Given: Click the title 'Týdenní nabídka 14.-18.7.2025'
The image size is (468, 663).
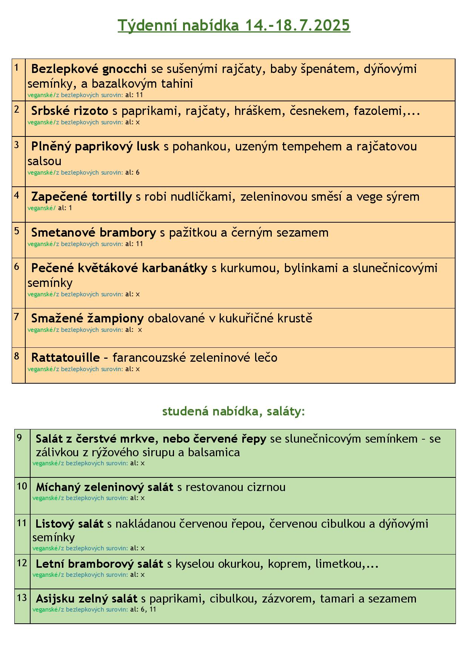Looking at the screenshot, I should click(234, 26).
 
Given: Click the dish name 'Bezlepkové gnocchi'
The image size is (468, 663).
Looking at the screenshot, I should click(89, 69).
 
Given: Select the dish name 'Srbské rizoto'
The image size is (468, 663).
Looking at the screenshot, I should click(69, 111).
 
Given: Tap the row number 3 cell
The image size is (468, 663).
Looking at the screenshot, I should click(18, 161).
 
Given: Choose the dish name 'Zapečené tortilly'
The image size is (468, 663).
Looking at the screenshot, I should click(82, 197).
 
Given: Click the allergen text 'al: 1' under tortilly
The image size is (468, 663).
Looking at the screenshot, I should click(65, 208).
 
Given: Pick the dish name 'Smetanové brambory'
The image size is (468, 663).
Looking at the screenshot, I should click(93, 232).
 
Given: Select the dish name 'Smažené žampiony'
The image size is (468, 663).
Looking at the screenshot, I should click(87, 318).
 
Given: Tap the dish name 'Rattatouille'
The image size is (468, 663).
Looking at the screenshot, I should click(65, 358).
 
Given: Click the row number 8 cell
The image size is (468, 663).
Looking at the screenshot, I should click(18, 365).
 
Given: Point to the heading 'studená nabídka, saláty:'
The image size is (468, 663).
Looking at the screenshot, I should click(233, 411).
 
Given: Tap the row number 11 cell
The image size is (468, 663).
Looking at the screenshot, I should click(22, 534).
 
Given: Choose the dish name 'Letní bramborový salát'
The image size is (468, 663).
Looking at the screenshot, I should click(99, 564).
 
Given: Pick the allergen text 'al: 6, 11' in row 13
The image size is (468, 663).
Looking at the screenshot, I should click(143, 609).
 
